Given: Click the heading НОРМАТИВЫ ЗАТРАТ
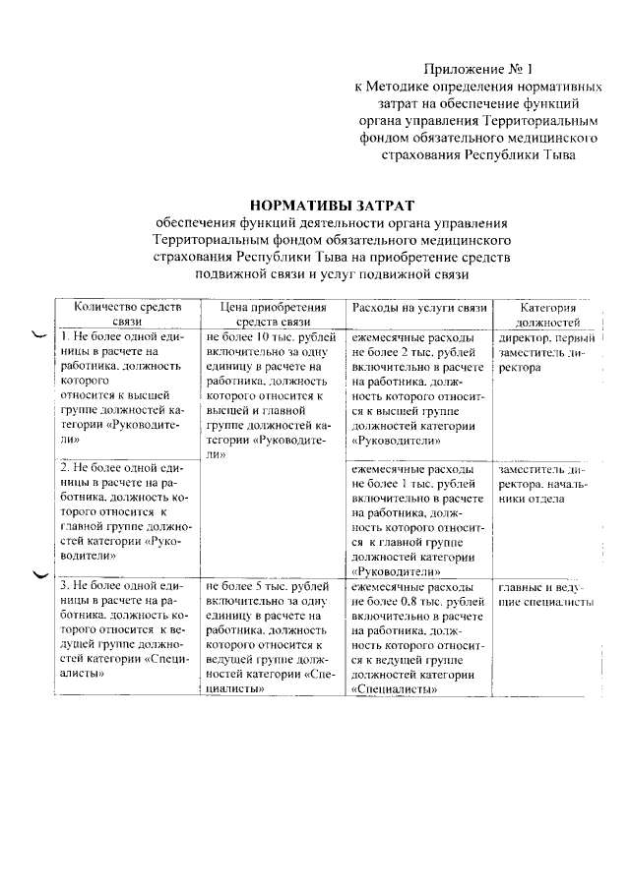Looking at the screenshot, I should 333,206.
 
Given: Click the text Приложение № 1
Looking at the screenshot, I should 477,69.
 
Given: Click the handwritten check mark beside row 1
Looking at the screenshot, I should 39,336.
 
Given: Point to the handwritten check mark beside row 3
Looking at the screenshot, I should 39,575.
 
